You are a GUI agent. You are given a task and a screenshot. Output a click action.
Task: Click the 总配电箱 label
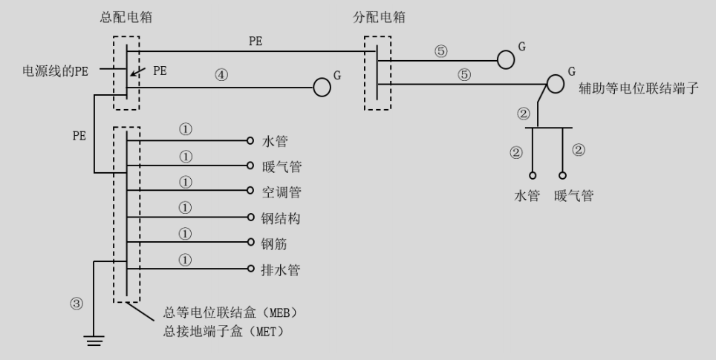point(126,18)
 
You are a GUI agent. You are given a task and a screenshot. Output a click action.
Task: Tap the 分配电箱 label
point(379,18)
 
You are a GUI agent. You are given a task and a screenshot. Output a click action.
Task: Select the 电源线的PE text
point(55,71)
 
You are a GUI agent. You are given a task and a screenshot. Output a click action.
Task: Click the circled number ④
point(221,75)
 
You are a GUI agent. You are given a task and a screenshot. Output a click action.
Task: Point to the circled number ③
point(77,304)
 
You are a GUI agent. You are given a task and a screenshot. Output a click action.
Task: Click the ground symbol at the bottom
point(94,341)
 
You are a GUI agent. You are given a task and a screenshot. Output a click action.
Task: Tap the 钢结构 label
point(281,218)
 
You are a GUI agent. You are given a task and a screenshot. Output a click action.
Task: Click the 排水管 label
point(280,270)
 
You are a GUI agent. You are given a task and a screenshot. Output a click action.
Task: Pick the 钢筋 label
point(274,244)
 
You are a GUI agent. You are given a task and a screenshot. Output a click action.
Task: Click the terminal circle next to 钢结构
point(250,217)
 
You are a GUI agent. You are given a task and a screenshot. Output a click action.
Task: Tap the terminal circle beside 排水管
point(250,269)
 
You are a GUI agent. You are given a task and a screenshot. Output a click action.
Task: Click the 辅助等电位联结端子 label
point(639,88)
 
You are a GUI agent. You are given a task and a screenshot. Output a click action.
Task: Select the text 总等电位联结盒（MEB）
point(230,313)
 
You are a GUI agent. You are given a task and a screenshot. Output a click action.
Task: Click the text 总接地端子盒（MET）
point(224,332)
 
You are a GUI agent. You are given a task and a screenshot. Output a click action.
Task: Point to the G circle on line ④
point(322,88)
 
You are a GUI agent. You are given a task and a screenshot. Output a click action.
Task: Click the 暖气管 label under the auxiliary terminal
point(574,196)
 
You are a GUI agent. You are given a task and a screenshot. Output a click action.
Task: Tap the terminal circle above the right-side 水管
point(533,175)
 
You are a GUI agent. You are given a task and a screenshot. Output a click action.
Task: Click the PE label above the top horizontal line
point(256,41)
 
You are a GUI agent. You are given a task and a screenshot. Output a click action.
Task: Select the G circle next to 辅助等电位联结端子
point(556,84)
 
